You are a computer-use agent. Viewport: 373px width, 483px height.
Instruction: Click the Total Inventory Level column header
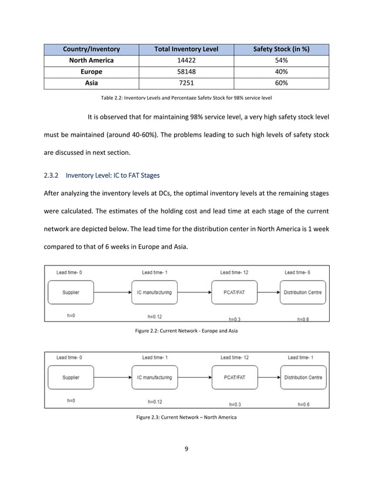[186, 49]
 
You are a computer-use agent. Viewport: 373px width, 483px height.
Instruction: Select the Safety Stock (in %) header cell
[281, 49]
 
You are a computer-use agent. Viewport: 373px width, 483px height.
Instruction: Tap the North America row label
[92, 60]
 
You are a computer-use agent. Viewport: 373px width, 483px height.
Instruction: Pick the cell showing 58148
[186, 72]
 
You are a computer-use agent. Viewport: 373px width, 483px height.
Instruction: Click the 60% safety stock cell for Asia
[281, 83]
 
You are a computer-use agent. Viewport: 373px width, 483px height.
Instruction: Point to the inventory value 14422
[186, 60]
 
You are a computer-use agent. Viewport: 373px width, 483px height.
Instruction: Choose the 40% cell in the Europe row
[281, 72]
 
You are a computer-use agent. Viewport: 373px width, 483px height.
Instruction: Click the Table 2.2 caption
[186, 97]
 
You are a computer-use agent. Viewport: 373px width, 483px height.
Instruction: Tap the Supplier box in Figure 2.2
[71, 292]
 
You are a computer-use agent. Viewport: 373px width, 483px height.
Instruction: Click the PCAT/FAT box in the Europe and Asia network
[234, 292]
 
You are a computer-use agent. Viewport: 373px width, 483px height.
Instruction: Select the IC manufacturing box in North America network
[154, 378]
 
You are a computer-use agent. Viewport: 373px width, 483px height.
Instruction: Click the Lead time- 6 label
[298, 272]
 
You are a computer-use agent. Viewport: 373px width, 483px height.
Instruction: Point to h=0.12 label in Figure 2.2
[154, 317]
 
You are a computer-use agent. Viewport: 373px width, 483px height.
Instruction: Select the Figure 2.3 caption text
[186, 417]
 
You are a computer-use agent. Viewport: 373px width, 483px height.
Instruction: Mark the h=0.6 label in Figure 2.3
[303, 404]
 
